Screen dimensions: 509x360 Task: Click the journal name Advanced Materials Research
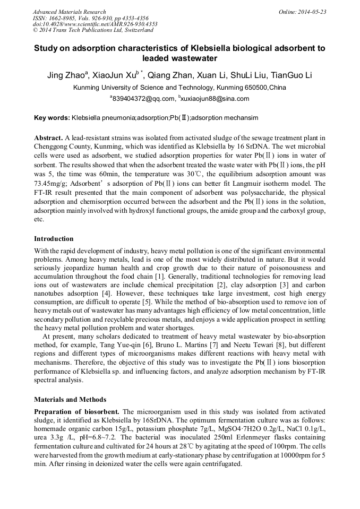coord(69,12)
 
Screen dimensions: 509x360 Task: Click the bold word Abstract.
coord(48,137)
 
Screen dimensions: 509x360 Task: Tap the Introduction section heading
coord(54,239)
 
